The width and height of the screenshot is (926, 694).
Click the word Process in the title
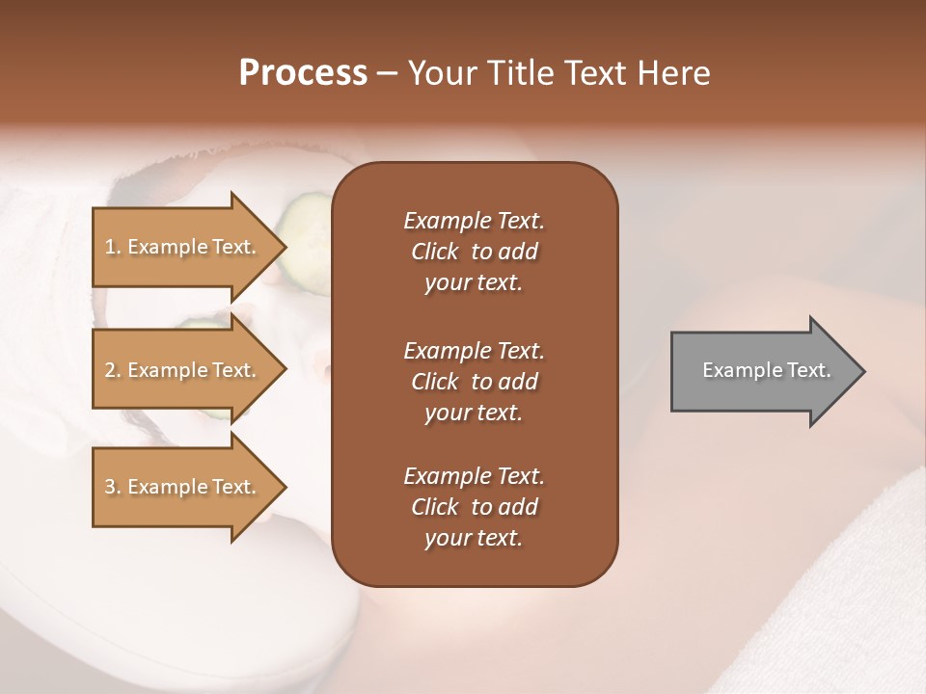click(303, 73)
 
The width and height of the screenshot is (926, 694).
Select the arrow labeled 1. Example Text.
click(183, 247)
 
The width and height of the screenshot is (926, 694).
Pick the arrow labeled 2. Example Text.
click(183, 370)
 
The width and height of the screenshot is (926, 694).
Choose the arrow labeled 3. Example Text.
click(183, 487)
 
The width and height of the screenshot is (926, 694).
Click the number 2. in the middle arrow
click(113, 370)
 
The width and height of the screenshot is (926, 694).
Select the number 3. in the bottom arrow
click(113, 487)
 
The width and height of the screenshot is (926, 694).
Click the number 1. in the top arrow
click(113, 247)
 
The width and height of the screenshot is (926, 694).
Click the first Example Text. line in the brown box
click(474, 221)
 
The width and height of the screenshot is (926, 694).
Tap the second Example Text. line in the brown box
click(474, 350)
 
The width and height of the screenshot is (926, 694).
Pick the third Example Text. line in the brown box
click(474, 476)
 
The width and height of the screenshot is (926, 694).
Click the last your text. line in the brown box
click(474, 539)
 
